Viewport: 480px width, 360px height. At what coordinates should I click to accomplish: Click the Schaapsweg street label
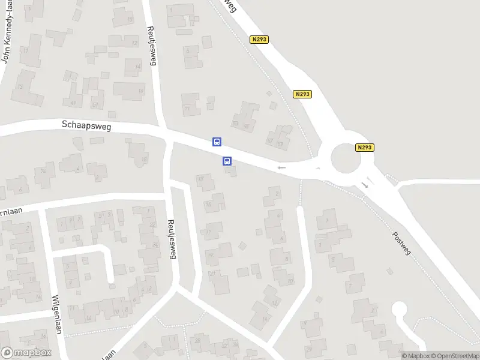coord(86,125)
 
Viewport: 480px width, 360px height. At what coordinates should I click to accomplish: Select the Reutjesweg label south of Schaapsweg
coord(172,238)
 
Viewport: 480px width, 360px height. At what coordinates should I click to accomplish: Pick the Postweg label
coord(401,244)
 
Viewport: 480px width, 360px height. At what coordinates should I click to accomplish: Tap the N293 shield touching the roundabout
coord(364,148)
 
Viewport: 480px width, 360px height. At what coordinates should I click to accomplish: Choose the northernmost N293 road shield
coord(259,39)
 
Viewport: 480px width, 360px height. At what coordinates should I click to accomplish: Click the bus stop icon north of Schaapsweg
coord(217,142)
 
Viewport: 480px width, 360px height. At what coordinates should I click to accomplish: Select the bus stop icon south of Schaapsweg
coord(227,161)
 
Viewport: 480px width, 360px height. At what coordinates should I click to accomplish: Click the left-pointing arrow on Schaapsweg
coord(281,168)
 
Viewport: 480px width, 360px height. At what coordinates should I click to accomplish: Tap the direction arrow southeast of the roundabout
coord(365,185)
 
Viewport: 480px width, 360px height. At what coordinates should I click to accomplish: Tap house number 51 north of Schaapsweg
coord(94,106)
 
